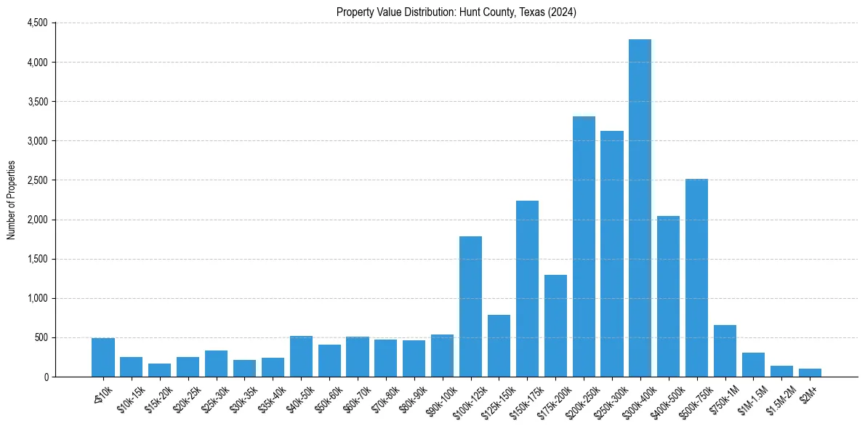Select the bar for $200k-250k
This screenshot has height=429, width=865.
coord(584,246)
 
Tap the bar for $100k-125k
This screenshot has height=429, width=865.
coord(470,306)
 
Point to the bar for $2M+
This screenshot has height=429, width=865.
coord(810,372)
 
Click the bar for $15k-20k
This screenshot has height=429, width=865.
coord(159,370)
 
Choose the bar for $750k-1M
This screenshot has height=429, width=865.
coord(725,350)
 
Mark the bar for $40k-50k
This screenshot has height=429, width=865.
coord(301,356)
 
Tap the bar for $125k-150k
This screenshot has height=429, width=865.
coord(499,345)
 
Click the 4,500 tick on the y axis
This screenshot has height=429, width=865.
coord(37,23)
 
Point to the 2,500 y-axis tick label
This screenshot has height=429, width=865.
coord(37,180)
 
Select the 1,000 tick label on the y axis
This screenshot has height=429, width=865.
coord(37,298)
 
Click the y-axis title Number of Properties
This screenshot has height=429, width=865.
coord(11,199)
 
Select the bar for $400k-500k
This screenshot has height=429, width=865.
coord(668,296)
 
